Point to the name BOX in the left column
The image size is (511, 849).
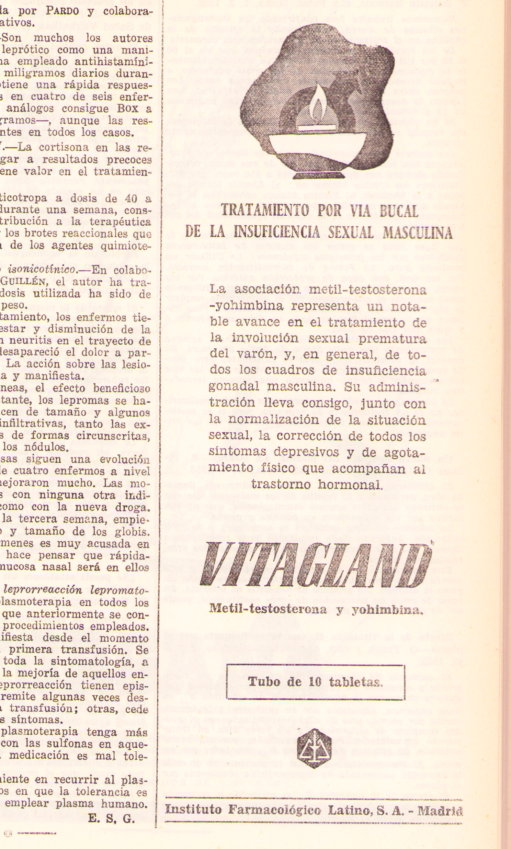tap(128, 108)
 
